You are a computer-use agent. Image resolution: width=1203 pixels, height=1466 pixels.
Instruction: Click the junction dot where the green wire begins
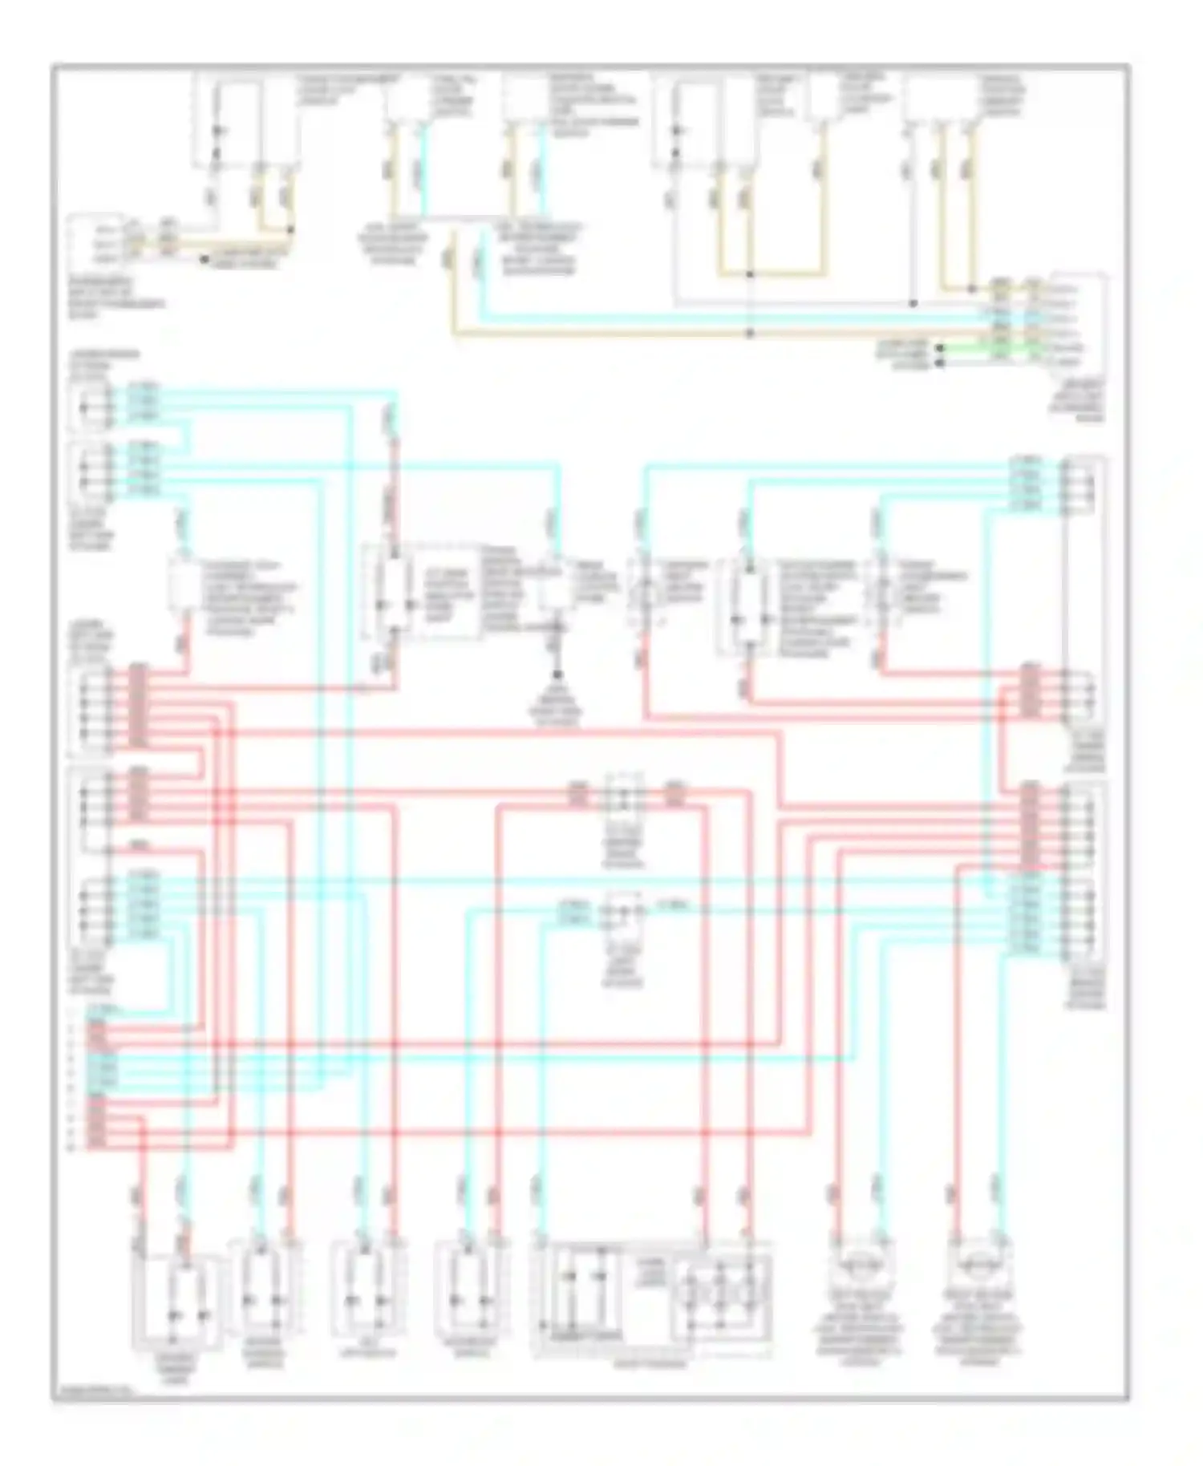[941, 349]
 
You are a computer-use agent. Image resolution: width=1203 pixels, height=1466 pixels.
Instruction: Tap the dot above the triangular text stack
[557, 675]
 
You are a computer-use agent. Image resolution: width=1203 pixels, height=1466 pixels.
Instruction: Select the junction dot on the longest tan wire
[749, 333]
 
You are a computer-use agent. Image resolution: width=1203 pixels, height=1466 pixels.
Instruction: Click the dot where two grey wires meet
[913, 304]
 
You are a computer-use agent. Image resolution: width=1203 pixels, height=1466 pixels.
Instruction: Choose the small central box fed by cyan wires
[623, 910]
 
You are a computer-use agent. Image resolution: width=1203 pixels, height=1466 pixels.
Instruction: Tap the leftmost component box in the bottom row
[176, 1299]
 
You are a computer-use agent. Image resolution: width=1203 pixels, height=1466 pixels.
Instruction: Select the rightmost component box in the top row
[941, 100]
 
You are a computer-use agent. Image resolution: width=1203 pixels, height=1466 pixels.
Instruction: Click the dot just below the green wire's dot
[941, 363]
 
